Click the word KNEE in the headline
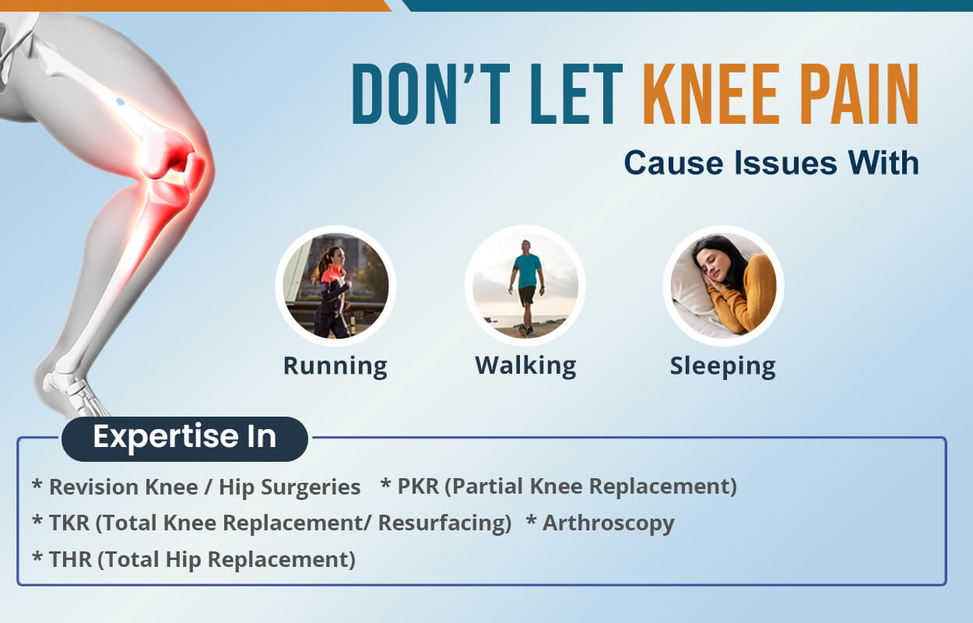pyautogui.click(x=709, y=94)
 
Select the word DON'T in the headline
pyautogui.click(x=430, y=94)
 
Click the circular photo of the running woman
pyautogui.click(x=335, y=286)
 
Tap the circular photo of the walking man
pyautogui.click(x=525, y=286)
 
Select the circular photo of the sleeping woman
pyautogui.click(x=723, y=286)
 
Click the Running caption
pyautogui.click(x=335, y=366)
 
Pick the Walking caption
pyautogui.click(x=525, y=366)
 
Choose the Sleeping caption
pyautogui.click(x=723, y=367)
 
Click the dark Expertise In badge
pyautogui.click(x=185, y=438)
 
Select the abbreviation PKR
pyautogui.click(x=418, y=486)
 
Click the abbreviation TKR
pyautogui.click(x=69, y=523)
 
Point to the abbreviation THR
pyautogui.click(x=70, y=559)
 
